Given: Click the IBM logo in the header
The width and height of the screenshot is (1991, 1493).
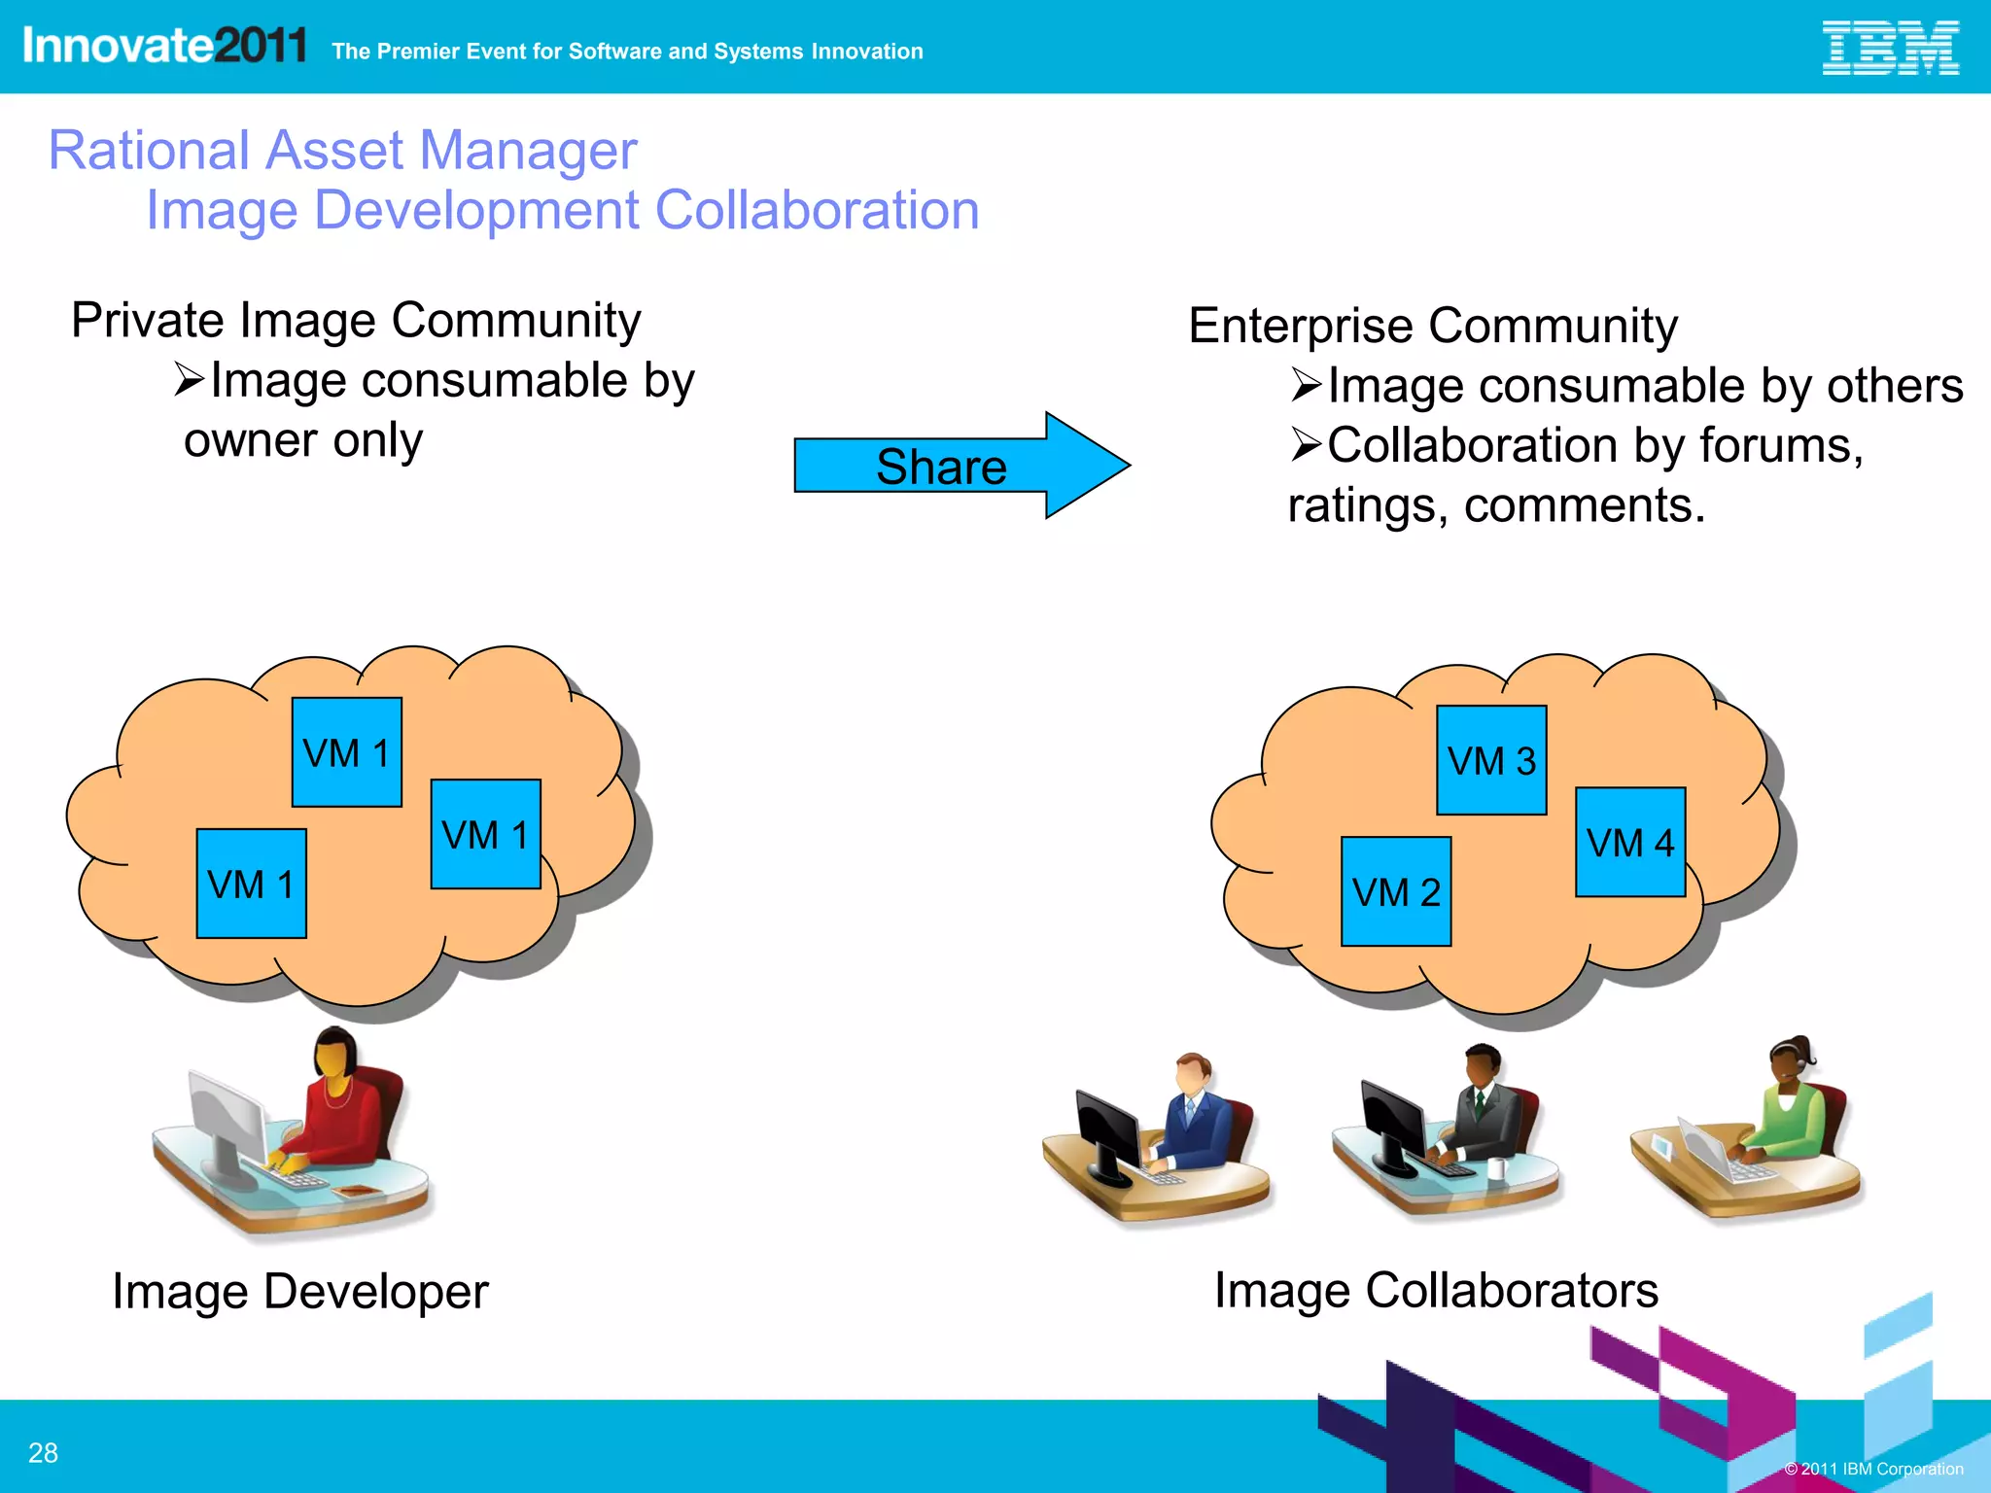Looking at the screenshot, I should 1889,49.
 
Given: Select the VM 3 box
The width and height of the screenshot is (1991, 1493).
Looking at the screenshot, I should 1490,760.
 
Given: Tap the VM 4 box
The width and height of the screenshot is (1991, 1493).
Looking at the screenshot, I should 1629,842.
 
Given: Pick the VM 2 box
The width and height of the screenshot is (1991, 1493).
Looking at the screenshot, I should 1395,891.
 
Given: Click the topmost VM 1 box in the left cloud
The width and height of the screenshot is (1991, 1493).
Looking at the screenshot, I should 346,752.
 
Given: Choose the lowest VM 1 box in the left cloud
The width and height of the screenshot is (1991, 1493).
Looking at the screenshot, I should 251,884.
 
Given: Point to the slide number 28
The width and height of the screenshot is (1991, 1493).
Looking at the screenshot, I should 43,1452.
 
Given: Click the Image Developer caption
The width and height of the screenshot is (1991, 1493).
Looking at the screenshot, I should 299,1292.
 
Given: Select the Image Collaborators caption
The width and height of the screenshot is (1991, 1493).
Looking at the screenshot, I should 1435,1291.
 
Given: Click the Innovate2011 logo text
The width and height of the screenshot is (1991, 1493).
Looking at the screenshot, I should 163,46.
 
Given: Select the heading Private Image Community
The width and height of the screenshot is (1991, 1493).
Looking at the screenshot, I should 356,320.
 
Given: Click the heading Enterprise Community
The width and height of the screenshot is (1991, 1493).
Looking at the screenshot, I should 1432,326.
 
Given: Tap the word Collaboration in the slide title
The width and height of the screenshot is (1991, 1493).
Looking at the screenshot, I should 817,210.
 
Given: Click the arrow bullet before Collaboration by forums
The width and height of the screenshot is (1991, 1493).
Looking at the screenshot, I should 1306,445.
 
